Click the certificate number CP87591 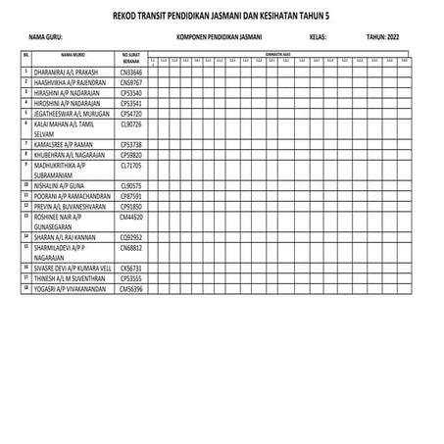point(131,195)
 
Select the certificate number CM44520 point(131,217)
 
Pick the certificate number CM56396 point(131,289)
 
